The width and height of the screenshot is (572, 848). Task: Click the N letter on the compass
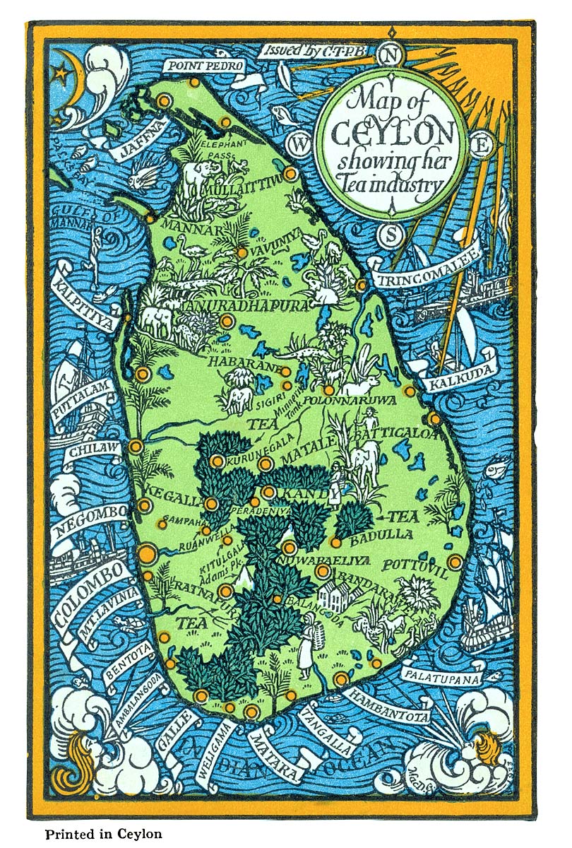tap(390, 54)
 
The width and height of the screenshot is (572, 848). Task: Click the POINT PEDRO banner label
tap(205, 66)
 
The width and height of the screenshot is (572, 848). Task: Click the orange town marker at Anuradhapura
tap(227, 321)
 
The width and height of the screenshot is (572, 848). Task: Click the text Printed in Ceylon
tap(104, 834)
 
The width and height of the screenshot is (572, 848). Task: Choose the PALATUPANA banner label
tap(441, 676)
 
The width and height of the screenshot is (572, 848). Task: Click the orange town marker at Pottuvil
tap(455, 563)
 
